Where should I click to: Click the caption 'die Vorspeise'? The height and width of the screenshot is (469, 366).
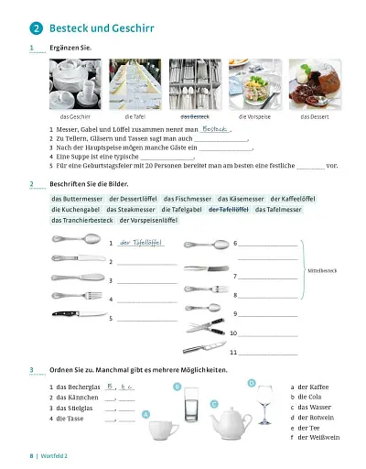253,117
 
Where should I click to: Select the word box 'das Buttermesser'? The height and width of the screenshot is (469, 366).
77,199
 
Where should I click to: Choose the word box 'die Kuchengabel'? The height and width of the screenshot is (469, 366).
76,210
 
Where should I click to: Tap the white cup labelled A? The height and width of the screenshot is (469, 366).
162,428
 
